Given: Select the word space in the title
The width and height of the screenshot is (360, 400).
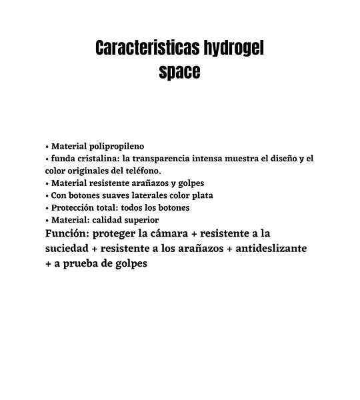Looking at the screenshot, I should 179,71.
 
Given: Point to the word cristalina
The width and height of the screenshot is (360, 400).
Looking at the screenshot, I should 101,159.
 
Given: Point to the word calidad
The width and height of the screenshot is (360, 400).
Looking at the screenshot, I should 107,219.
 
